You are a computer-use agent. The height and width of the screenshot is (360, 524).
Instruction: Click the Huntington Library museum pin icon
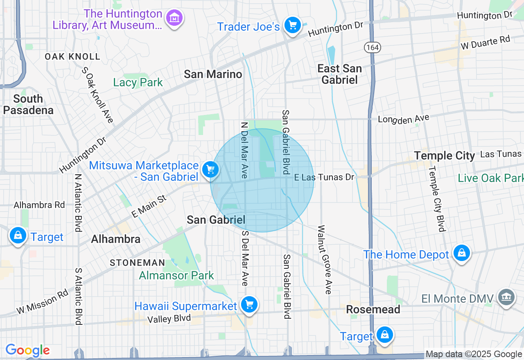coord(174,18)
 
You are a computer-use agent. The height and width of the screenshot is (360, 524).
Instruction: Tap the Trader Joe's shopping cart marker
coord(292,25)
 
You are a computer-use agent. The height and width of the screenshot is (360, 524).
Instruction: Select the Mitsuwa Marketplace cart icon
coord(210,169)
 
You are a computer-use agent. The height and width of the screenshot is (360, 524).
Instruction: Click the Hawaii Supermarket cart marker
coord(249,305)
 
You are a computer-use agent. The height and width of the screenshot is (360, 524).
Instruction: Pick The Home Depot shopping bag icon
coord(461,253)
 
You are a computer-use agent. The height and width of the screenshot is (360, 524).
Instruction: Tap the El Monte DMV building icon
coord(506,297)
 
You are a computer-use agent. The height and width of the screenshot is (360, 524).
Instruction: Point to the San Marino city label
coord(213,74)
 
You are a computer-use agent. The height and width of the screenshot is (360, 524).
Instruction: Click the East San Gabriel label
coord(339,74)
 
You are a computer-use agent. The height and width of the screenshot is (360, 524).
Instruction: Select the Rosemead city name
coord(373,309)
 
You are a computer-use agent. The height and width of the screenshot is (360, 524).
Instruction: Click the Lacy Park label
coord(138,83)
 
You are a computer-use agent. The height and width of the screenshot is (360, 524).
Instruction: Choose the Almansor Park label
coord(176,275)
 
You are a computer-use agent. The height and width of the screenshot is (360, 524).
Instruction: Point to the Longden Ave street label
coord(403,119)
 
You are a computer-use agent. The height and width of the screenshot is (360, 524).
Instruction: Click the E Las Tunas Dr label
coord(324,177)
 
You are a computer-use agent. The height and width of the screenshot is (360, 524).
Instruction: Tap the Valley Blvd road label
coord(169,318)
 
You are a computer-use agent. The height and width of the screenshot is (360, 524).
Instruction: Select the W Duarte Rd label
coord(486,42)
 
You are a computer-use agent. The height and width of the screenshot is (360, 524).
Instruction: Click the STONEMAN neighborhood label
coord(137,263)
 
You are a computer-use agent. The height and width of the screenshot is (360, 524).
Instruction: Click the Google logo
coord(27,350)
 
